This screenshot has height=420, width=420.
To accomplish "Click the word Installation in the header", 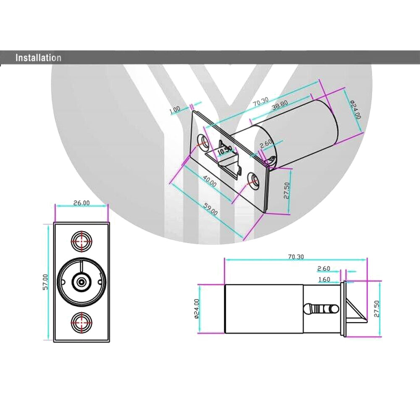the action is coord(38,58).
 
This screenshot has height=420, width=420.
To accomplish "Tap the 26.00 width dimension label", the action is coord(81,203).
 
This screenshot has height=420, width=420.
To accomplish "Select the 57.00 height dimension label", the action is coord(45,281).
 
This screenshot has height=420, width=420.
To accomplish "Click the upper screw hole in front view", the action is coord(81,241).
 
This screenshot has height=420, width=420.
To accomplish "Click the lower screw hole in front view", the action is coord(81,323).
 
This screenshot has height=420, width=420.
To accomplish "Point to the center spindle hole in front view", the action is coord(81,282).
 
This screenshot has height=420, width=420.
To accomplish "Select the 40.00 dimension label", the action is coord(210,181).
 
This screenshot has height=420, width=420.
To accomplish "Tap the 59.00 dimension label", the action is coord(211,210).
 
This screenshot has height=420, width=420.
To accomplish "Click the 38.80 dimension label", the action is coord(280,105).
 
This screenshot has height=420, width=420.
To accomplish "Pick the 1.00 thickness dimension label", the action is coord(175,110).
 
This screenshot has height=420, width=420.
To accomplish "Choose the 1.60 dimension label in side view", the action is coord(324,279).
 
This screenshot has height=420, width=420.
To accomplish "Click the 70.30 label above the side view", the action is coord(296,257).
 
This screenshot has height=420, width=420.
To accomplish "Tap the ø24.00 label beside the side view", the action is coord(197,309).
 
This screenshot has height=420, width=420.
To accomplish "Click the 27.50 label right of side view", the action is coord(377,309).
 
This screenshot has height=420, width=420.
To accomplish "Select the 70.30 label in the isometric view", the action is coord(261,102).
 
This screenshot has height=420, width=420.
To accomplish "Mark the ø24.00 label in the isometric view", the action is coord(355,109).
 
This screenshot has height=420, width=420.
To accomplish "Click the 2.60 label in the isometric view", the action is coord(266,144).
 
